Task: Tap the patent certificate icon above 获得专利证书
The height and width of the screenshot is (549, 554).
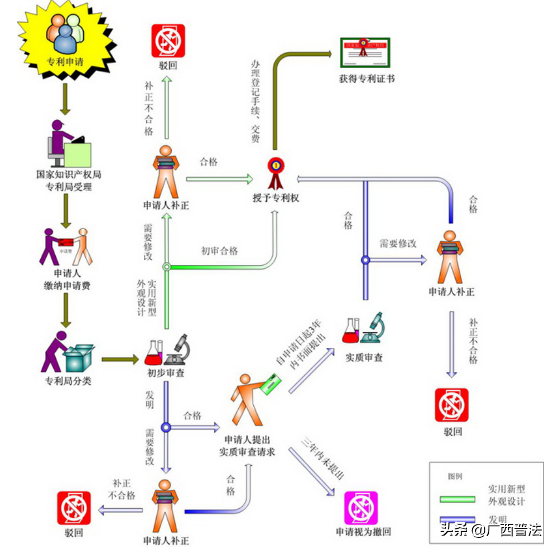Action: pos(365,52)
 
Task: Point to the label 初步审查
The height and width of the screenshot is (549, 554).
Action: pos(166,373)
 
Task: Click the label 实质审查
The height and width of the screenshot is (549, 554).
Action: pos(364,357)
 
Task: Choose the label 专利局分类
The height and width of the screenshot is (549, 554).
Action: pos(68,381)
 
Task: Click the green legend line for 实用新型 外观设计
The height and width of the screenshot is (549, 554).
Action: pos(457,498)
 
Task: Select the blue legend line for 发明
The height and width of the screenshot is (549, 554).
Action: pos(457,519)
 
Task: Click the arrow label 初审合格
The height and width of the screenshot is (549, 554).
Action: pos(219,251)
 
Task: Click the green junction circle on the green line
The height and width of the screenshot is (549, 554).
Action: pos(166,267)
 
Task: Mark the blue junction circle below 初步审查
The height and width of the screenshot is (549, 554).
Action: pos(166,427)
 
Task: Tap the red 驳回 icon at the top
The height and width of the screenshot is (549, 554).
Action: pos(168,41)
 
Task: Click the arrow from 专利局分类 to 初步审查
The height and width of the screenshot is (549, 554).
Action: pos(119,359)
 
